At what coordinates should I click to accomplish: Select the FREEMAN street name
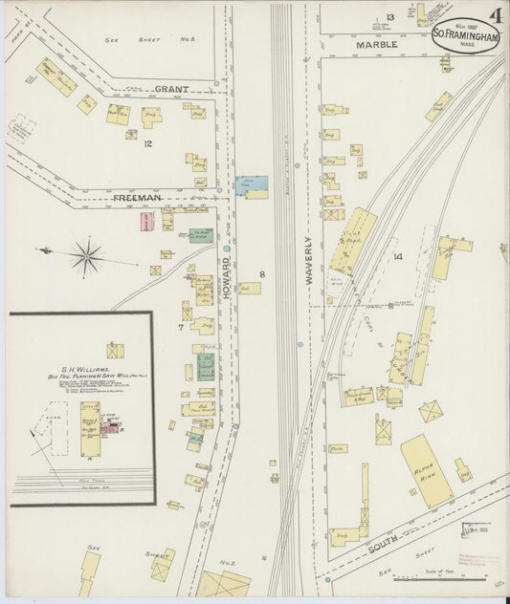[x=136, y=199]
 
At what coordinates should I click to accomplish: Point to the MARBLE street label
[x=376, y=45]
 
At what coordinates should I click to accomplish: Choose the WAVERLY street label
[x=308, y=257]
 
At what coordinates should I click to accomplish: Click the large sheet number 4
[x=495, y=18]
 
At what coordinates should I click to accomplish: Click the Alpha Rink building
[x=427, y=469]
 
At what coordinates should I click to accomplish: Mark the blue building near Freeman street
[x=252, y=183]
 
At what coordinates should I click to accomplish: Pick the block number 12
[x=148, y=143]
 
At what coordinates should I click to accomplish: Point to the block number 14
[x=397, y=256]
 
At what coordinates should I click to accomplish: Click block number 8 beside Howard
[x=259, y=274]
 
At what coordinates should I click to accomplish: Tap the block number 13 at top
[x=389, y=17]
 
